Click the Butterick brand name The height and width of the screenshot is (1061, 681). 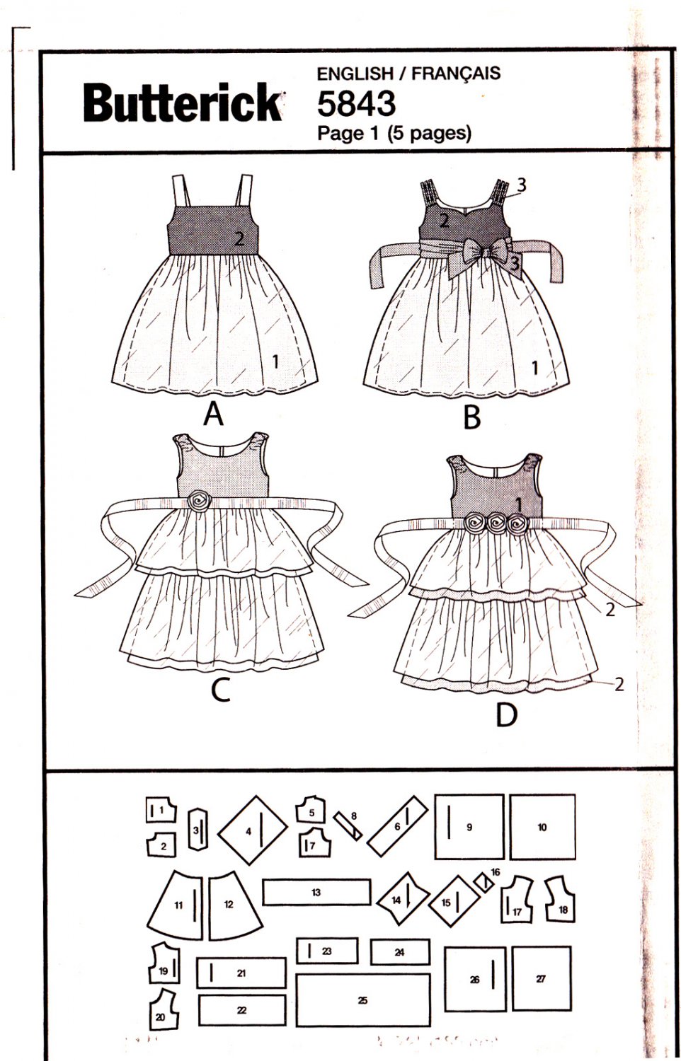[182, 103]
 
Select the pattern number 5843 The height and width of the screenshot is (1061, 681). [355, 104]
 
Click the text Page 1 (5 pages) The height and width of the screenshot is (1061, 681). [394, 133]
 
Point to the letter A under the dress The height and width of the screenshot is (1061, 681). [213, 414]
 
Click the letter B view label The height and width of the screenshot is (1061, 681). [471, 417]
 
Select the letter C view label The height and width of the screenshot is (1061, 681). [221, 690]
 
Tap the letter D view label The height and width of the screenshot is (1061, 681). [506, 716]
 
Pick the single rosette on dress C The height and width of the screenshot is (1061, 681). [199, 501]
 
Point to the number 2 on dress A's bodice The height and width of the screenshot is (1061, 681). [239, 239]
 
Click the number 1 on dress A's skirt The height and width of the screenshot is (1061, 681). [275, 361]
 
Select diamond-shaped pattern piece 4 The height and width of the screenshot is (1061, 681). [252, 831]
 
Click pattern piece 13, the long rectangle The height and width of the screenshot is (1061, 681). [316, 892]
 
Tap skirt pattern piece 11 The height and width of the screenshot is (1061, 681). [177, 904]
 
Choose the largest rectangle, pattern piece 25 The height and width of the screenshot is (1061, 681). [363, 1000]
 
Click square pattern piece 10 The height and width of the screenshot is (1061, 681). [542, 827]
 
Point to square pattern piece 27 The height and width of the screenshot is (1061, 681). [542, 979]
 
